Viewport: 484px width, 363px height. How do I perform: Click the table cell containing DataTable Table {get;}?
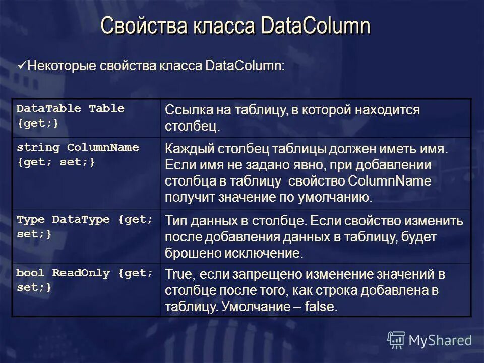point(85,117)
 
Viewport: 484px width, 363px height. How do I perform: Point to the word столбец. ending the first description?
point(193,126)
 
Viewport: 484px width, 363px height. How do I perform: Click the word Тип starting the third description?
point(175,221)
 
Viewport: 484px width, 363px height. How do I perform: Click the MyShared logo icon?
point(396,340)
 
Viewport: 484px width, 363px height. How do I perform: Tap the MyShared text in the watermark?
point(441,340)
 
